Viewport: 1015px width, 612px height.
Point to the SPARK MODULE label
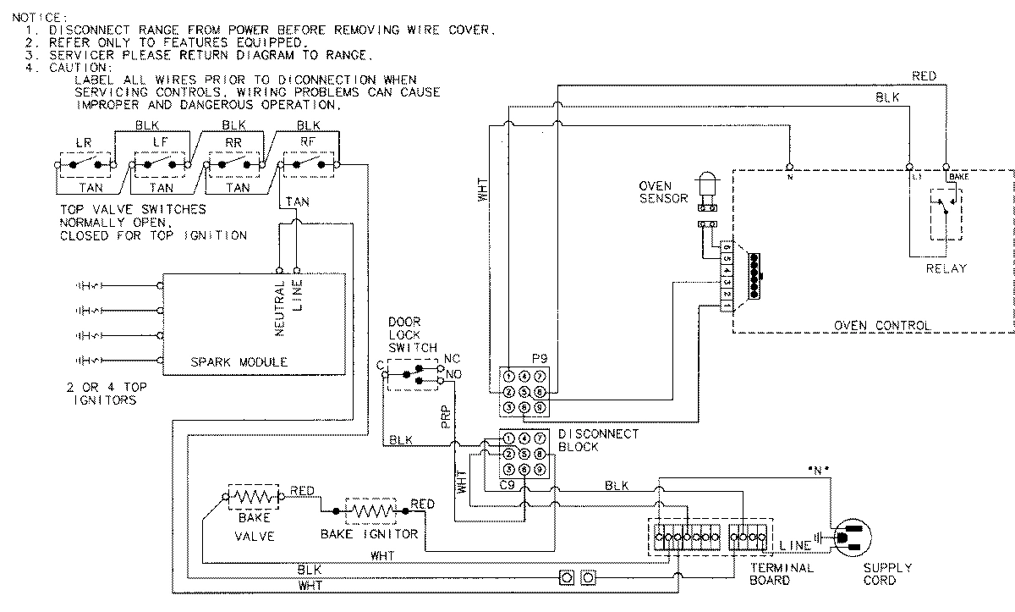click(239, 362)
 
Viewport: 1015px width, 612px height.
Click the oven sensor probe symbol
click(706, 188)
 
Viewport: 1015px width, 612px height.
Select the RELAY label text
click(945, 268)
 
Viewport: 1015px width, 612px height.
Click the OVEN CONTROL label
click(882, 325)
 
